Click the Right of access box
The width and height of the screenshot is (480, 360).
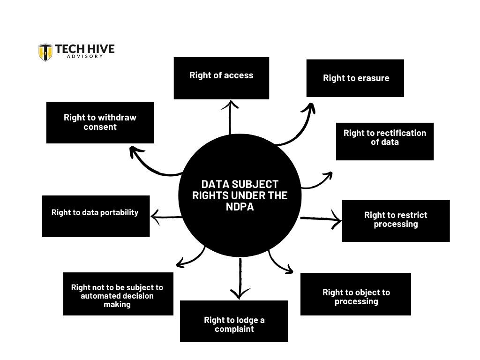[x=221, y=78]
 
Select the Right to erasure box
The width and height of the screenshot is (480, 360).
[x=355, y=78]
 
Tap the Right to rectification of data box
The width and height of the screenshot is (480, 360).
[x=384, y=141]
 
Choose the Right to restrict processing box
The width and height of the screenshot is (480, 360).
[x=396, y=221]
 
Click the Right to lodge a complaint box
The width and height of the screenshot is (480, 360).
[x=233, y=321]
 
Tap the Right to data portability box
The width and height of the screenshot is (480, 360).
[x=96, y=216]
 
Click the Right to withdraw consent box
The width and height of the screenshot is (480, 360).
[x=100, y=122]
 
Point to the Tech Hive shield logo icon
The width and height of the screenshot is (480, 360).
[x=45, y=52]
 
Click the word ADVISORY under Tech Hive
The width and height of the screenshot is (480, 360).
[x=84, y=56]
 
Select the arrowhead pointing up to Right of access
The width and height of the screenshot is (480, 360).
[x=230, y=104]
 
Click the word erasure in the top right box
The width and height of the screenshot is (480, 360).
[x=373, y=78]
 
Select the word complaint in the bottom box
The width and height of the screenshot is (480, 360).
[x=234, y=329]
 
